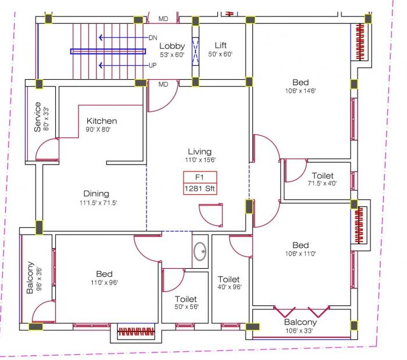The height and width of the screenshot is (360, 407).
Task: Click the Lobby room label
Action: coord(172,46)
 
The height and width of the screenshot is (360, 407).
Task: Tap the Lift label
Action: coord(220,45)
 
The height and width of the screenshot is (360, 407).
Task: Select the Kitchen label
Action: coord(101,121)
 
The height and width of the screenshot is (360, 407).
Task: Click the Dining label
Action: coord(96,194)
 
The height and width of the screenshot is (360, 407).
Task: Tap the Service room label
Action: coord(38,117)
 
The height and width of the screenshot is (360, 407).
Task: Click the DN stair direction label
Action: coord(153,37)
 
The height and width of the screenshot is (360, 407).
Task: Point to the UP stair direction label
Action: coord(153,65)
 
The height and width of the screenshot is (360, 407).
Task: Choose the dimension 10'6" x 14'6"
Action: coord(300,91)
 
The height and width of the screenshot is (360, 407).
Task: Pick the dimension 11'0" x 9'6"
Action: coord(105,283)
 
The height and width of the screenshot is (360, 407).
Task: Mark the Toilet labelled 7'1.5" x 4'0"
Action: coord(322,176)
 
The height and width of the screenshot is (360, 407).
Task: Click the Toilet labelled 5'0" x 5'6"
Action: coord(186,299)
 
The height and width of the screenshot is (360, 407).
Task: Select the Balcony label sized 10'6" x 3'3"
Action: coord(300,322)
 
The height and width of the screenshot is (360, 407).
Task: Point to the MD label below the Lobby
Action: coord(163,84)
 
